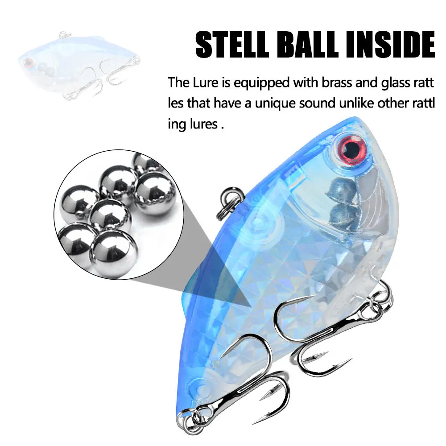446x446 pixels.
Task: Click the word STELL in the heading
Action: point(232,45)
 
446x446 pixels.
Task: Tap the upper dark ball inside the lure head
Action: point(341,189)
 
